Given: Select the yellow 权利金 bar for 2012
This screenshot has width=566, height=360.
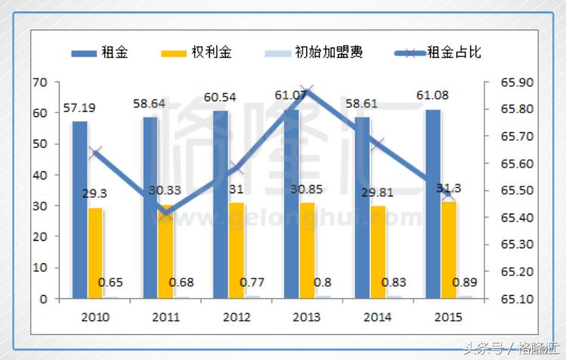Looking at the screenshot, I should pos(236,250).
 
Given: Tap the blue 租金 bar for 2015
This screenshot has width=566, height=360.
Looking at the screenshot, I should pos(432,204).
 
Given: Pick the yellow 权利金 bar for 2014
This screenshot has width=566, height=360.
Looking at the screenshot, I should pos(377,252).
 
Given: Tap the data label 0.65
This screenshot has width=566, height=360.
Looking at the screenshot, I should pos(111,283).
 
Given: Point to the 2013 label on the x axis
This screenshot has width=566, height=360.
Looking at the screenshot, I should pos(306,317).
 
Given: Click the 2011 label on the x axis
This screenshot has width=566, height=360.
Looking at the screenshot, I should pos(165,317).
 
